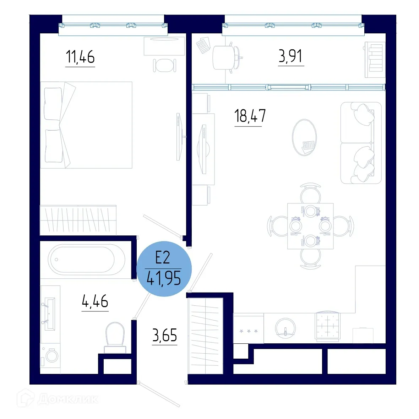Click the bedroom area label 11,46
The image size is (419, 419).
click(80, 57)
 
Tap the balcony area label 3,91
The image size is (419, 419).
click(290, 56)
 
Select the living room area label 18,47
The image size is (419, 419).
click(250, 116)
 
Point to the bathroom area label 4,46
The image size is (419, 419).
click(95, 301)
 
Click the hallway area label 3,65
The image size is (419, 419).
click(164, 335)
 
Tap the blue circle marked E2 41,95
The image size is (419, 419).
click(164, 269)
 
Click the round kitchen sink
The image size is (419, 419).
click(285, 328)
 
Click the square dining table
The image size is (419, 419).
click(310, 226)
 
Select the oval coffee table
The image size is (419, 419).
click(304, 137)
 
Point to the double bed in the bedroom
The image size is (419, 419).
click(86, 125)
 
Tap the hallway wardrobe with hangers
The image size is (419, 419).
click(206, 336)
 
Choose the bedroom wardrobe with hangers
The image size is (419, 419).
click(78, 220)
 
